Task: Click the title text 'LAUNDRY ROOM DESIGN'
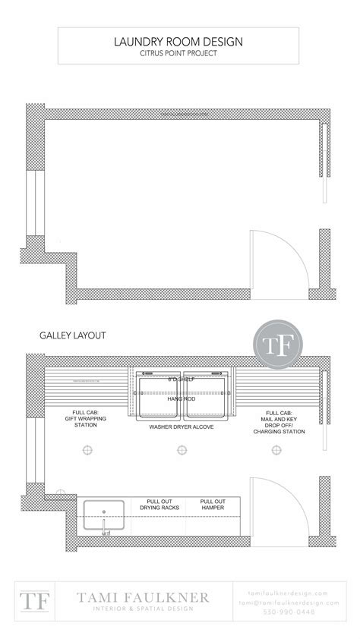[x=179, y=42]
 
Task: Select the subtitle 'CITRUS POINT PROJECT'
[x=179, y=53]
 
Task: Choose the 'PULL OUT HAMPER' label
[x=213, y=505]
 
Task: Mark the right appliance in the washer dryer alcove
[x=205, y=397]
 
